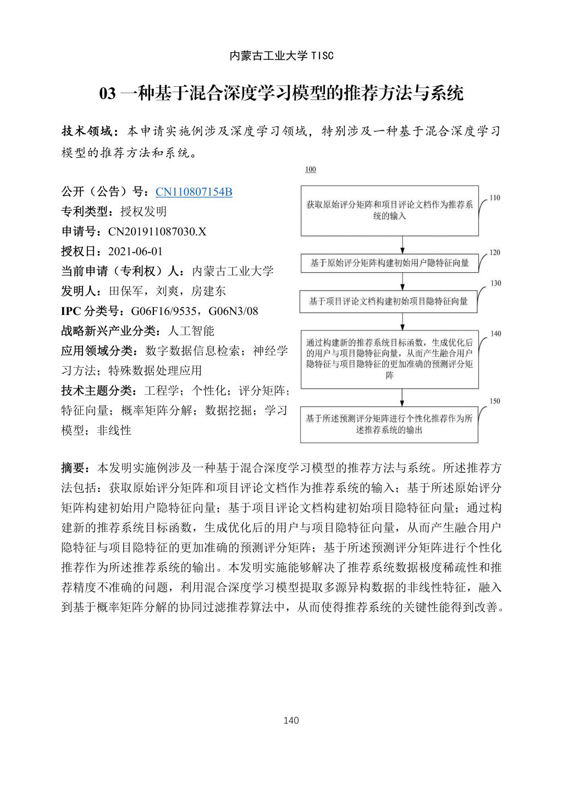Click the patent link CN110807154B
click(x=194, y=192)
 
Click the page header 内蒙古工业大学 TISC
click(x=281, y=56)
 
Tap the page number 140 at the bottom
click(x=291, y=720)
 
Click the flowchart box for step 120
click(x=389, y=263)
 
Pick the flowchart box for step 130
click(x=389, y=301)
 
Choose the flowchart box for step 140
click(x=389, y=359)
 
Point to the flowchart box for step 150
click(x=389, y=424)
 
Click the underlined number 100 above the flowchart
click(x=311, y=170)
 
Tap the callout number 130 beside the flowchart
click(x=495, y=283)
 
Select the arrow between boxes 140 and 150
click(x=402, y=397)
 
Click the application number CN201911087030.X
click(x=157, y=231)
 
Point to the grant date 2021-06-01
click(x=135, y=251)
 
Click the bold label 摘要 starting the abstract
click(x=74, y=468)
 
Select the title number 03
click(x=107, y=94)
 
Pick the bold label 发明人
click(x=77, y=291)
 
